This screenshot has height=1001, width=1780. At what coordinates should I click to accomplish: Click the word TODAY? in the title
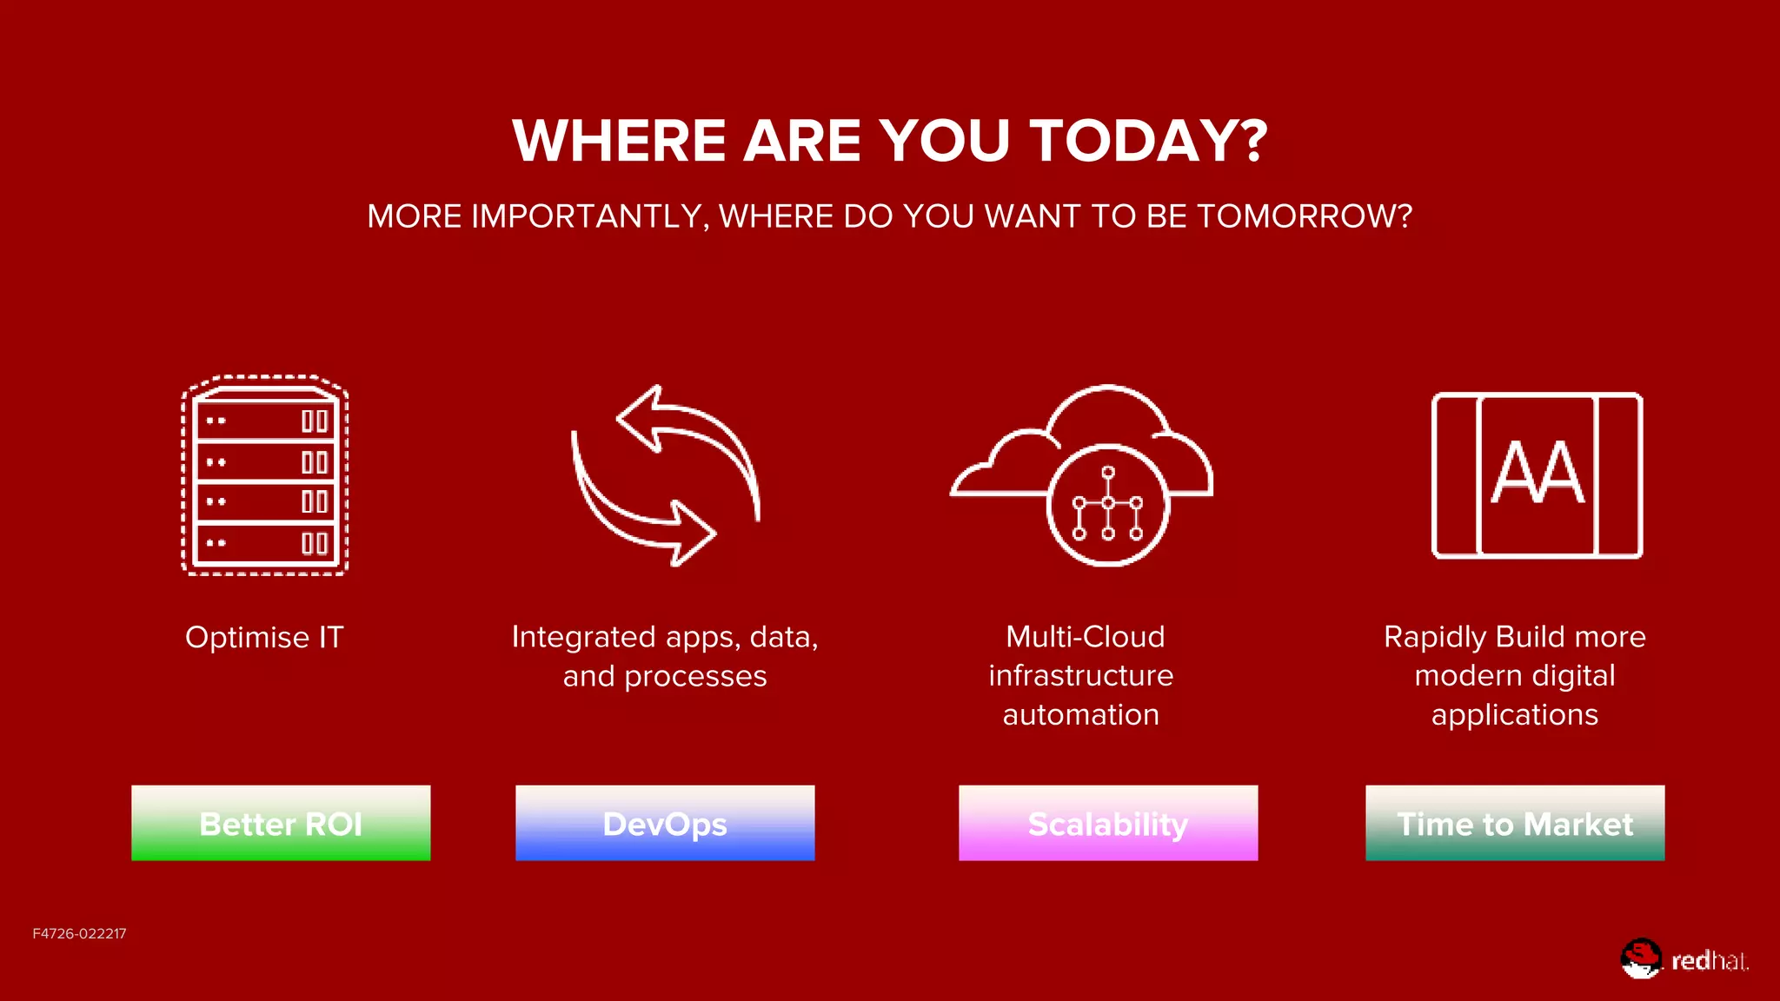(x=1148, y=141)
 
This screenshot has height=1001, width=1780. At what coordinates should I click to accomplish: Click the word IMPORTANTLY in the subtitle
(x=587, y=216)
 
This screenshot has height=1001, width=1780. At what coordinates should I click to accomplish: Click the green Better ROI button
(x=281, y=823)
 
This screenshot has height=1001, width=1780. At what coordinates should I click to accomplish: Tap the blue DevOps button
(x=665, y=823)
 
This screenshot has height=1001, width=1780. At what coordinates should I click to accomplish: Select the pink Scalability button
(x=1108, y=823)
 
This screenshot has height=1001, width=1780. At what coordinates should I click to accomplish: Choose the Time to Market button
(x=1515, y=823)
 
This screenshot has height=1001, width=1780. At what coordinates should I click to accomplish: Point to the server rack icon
(x=265, y=475)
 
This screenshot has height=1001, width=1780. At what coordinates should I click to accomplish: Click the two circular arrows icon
(x=665, y=475)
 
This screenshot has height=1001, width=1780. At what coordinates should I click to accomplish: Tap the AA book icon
(x=1537, y=475)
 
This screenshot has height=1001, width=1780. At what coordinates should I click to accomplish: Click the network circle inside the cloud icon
(x=1107, y=505)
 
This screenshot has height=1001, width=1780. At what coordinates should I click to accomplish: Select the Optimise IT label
(x=264, y=637)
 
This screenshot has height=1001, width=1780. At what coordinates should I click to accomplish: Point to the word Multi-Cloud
(x=1085, y=637)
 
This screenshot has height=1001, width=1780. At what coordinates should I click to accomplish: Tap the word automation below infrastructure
(x=1080, y=714)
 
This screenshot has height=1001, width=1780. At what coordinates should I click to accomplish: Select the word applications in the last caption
(x=1514, y=714)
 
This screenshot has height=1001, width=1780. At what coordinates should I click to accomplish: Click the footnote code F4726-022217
(x=79, y=933)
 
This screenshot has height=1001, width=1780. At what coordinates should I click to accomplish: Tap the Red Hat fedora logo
(x=1641, y=958)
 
